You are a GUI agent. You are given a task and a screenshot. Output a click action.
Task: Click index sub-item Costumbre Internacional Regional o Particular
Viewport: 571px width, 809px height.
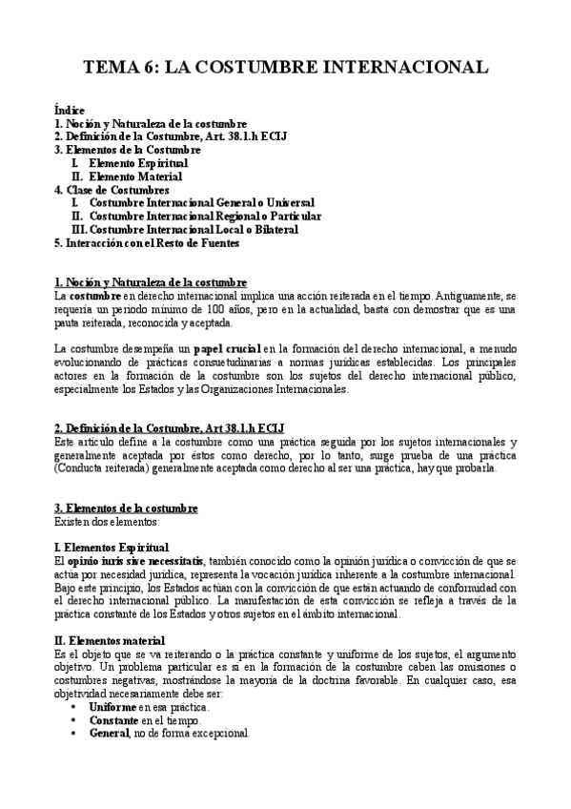point(205,216)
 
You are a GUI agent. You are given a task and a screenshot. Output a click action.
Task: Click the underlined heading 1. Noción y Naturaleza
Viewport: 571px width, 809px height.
point(151,282)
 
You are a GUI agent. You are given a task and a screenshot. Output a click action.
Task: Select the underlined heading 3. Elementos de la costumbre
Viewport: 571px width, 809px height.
point(126,508)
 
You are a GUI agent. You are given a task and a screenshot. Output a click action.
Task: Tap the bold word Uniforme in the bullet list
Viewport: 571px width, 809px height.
point(112,706)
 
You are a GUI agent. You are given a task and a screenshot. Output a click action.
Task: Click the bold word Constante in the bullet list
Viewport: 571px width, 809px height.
point(114,720)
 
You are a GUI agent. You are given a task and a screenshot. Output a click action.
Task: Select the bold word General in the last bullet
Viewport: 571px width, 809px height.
point(110,734)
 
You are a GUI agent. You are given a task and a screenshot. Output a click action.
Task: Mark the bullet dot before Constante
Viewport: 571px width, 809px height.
point(75,720)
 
